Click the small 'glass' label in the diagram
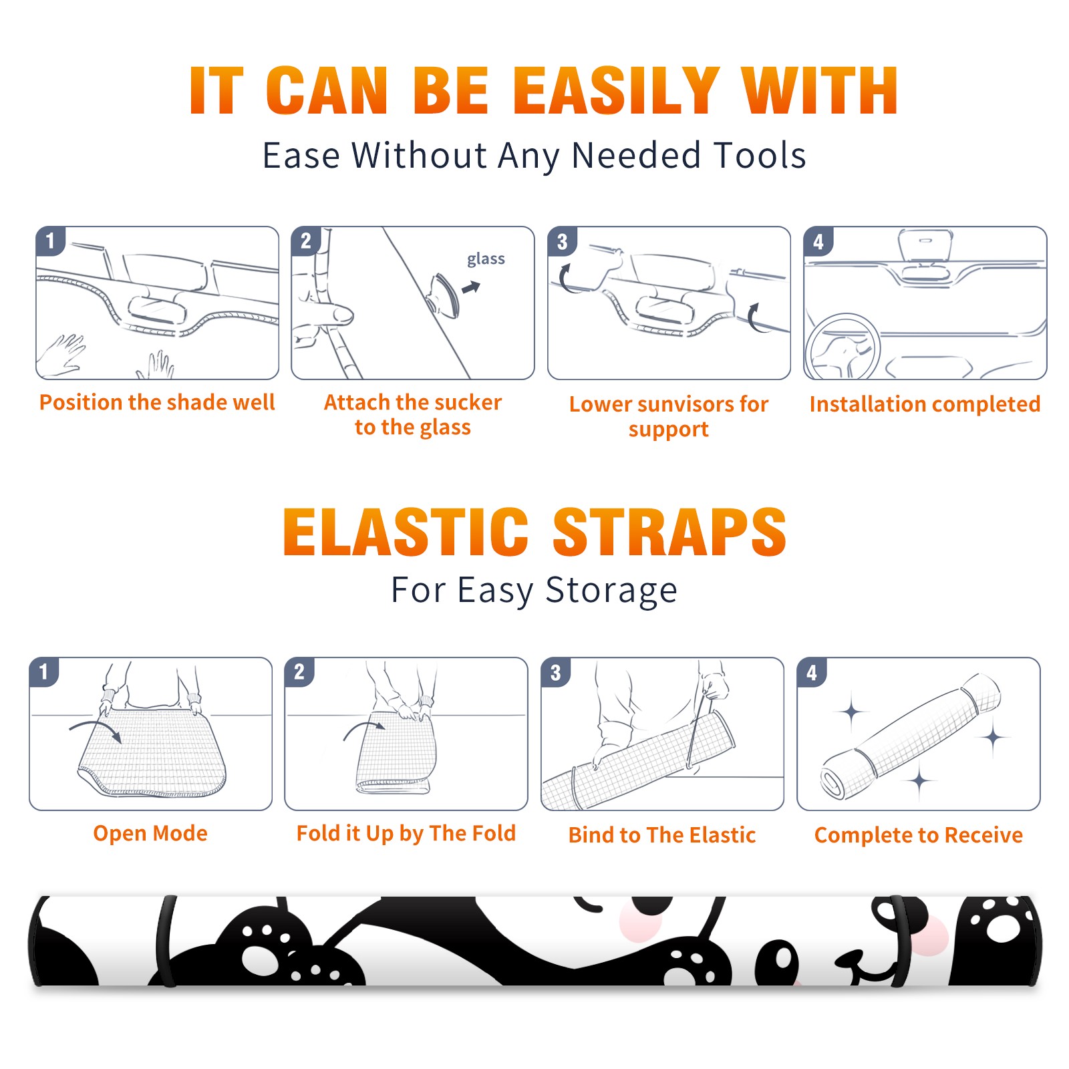pos(486,259)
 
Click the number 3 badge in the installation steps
pos(562,241)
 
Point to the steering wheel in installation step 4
pos(843,347)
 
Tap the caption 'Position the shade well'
pos(157,402)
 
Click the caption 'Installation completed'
pos(925,404)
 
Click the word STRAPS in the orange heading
pos(669,532)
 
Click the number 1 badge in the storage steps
pos(44,671)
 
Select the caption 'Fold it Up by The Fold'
pos(406,833)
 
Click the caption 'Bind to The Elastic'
pos(662,835)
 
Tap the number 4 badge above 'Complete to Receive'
pos(812,672)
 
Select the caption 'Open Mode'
pos(150,833)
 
